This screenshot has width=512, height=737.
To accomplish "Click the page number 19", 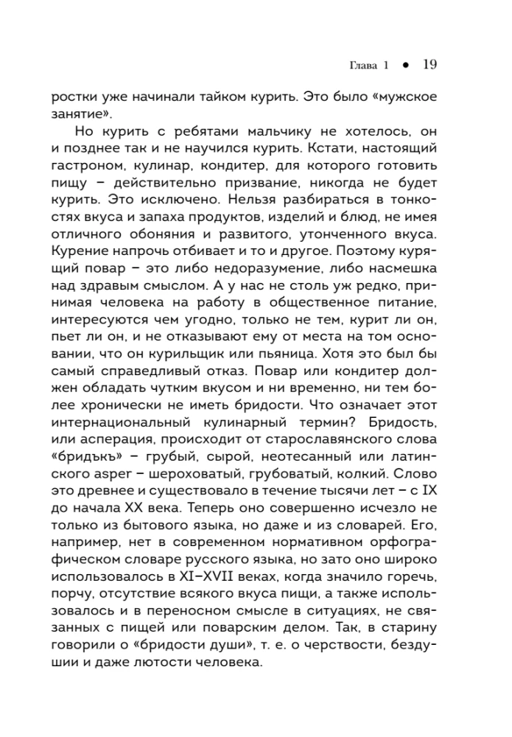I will tap(429, 65).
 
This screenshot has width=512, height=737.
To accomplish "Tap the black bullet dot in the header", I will tap(405, 66).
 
